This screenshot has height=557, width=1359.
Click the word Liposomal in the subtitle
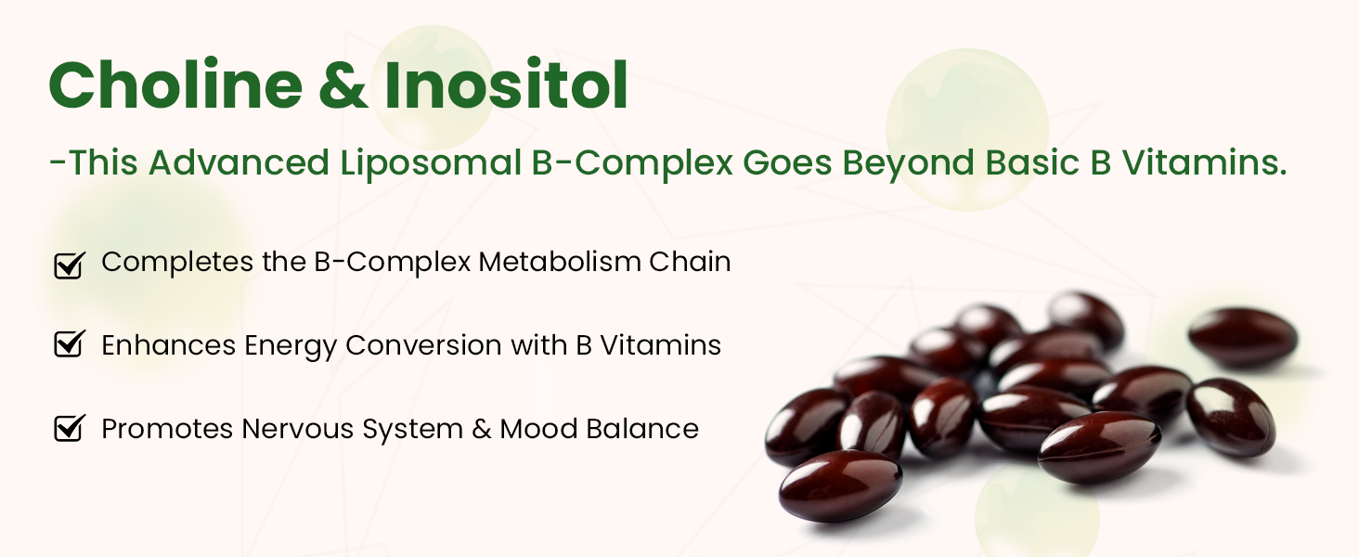click(431, 163)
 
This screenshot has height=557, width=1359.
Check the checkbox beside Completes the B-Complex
click(70, 266)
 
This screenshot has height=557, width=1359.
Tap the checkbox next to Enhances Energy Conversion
click(70, 344)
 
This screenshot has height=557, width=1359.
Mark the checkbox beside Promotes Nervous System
click(70, 428)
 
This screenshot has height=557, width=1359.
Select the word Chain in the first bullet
click(690, 262)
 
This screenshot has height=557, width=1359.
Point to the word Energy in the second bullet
click(291, 346)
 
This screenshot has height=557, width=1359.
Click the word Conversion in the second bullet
click(423, 345)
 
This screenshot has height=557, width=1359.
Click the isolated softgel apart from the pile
click(1243, 336)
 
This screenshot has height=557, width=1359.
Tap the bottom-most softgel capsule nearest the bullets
click(840, 486)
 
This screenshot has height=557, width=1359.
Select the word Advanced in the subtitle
click(239, 162)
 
